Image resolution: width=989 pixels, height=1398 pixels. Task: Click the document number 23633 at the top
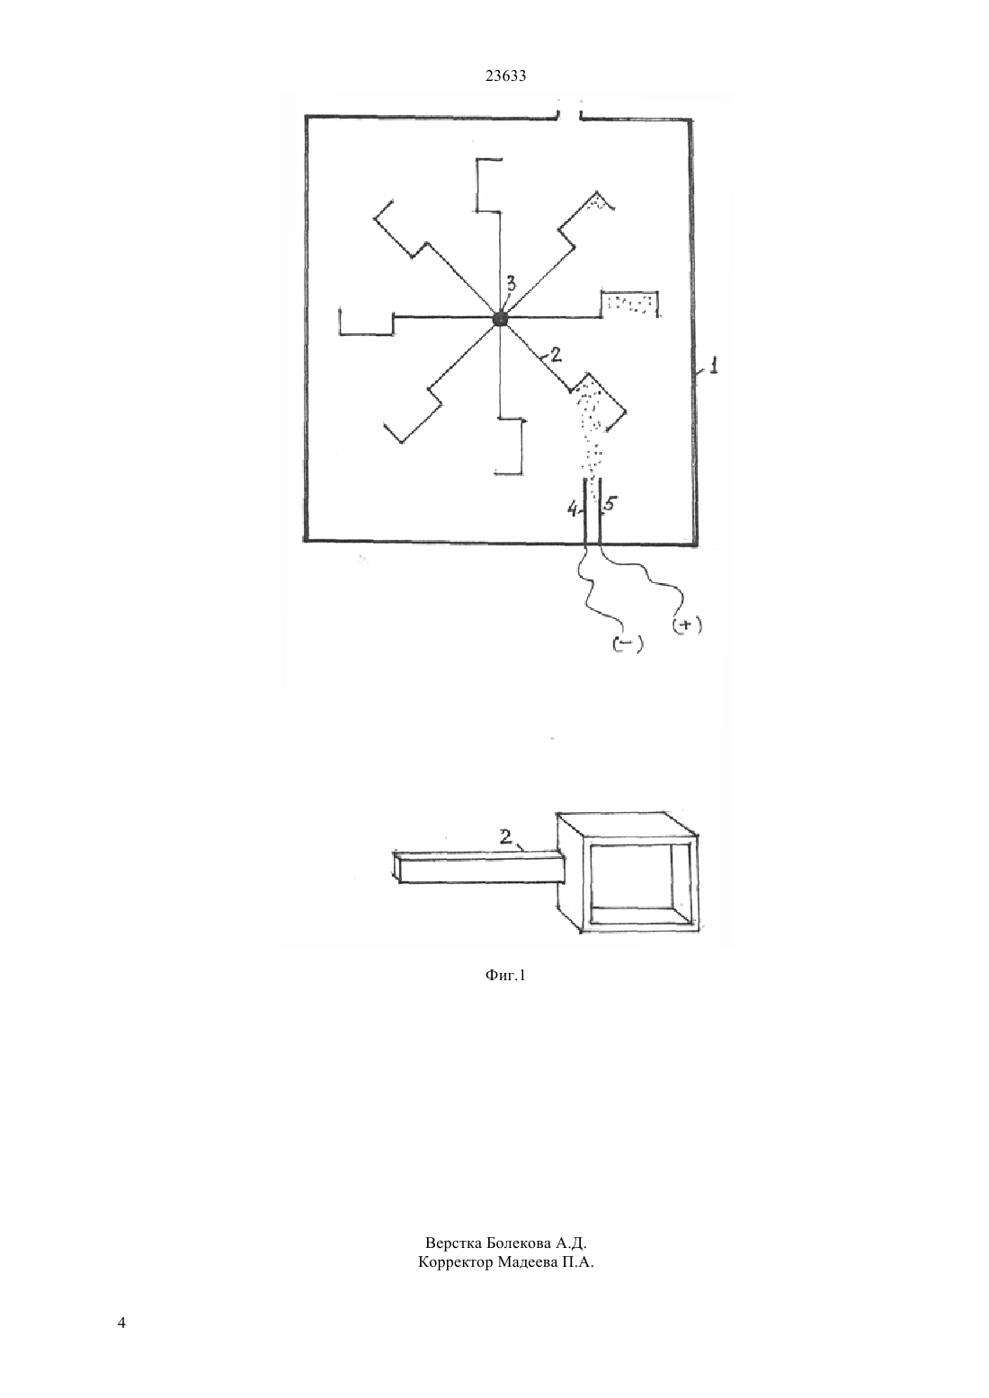point(505,76)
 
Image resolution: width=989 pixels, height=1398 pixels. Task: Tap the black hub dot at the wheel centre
point(500,319)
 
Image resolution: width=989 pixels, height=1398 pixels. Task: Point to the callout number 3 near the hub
point(511,285)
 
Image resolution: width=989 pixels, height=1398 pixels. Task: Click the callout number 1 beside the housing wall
point(713,365)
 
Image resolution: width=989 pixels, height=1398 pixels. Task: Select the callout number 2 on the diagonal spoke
point(555,355)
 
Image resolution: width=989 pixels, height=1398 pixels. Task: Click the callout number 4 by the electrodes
point(573,510)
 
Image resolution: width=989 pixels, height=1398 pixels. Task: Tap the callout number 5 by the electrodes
point(610,503)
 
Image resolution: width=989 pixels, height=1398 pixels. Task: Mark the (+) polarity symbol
point(687,625)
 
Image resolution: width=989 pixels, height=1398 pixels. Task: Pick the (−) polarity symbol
point(628,646)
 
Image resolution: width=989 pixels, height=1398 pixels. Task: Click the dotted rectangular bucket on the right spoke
point(630,304)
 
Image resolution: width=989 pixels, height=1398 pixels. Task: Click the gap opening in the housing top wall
point(568,116)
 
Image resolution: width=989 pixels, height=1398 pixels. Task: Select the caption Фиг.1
point(505,975)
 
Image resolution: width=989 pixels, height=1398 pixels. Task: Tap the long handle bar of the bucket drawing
point(478,868)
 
